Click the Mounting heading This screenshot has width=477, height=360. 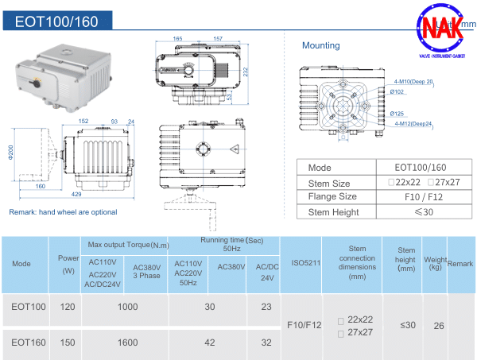(320, 45)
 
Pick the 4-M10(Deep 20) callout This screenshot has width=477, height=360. (413, 81)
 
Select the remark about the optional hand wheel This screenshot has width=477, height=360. (63, 212)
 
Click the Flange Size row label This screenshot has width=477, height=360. (332, 196)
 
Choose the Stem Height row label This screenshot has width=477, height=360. (332, 211)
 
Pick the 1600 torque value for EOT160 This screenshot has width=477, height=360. (125, 342)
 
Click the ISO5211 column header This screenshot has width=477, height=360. (301, 262)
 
